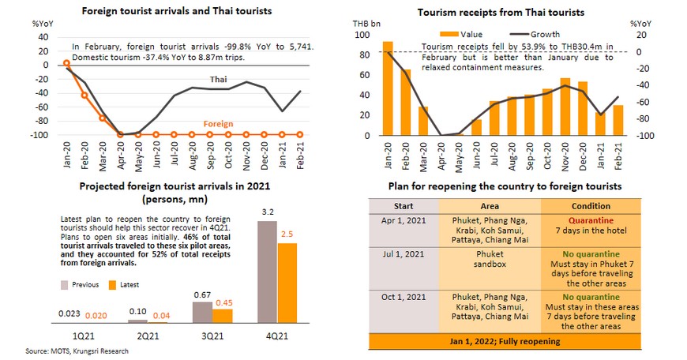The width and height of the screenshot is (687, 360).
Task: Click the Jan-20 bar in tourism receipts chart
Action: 388,88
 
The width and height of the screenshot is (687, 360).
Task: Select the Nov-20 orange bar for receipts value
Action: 565,107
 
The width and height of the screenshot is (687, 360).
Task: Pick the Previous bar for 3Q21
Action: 202,314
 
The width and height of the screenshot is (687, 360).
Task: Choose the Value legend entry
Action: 470,35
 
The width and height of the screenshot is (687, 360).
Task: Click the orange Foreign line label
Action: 218,124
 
